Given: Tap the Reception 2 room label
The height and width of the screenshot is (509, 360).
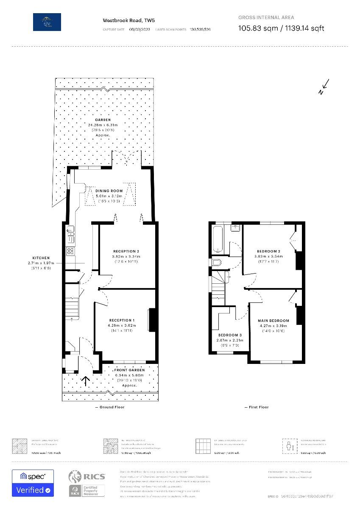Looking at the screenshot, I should [126, 251].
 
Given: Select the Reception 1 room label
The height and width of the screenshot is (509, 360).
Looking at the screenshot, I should [122, 320].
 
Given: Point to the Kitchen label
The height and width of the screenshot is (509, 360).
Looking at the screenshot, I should [41, 258].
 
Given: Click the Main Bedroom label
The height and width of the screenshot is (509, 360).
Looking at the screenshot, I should [273, 321].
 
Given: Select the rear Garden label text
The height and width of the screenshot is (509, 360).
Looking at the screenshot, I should [103, 120].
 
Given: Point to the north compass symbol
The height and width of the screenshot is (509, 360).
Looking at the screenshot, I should [324, 87].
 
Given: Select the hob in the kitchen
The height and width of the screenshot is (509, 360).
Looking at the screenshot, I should [70, 251].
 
